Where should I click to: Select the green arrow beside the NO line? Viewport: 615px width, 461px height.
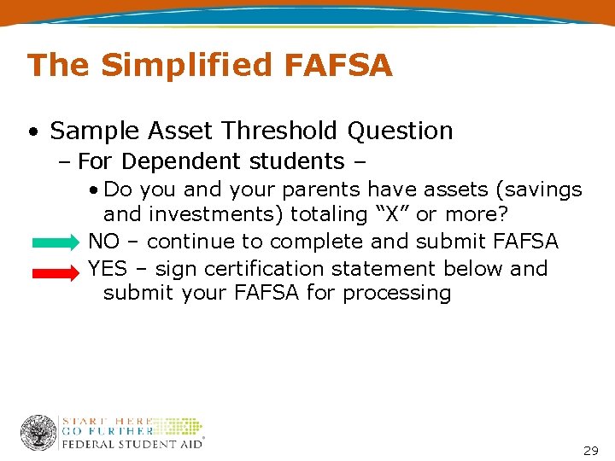tap(57, 242)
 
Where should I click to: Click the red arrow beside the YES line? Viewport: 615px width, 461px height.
tap(57, 271)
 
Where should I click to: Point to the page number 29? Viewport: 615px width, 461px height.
tap(590, 450)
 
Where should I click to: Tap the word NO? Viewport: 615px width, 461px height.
tap(104, 242)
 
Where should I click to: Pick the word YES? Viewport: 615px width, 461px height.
tap(107, 268)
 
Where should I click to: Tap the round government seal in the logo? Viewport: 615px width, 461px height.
tap(38, 433)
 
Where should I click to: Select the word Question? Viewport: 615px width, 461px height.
tap(400, 131)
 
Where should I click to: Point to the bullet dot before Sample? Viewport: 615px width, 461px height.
tap(32, 132)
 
